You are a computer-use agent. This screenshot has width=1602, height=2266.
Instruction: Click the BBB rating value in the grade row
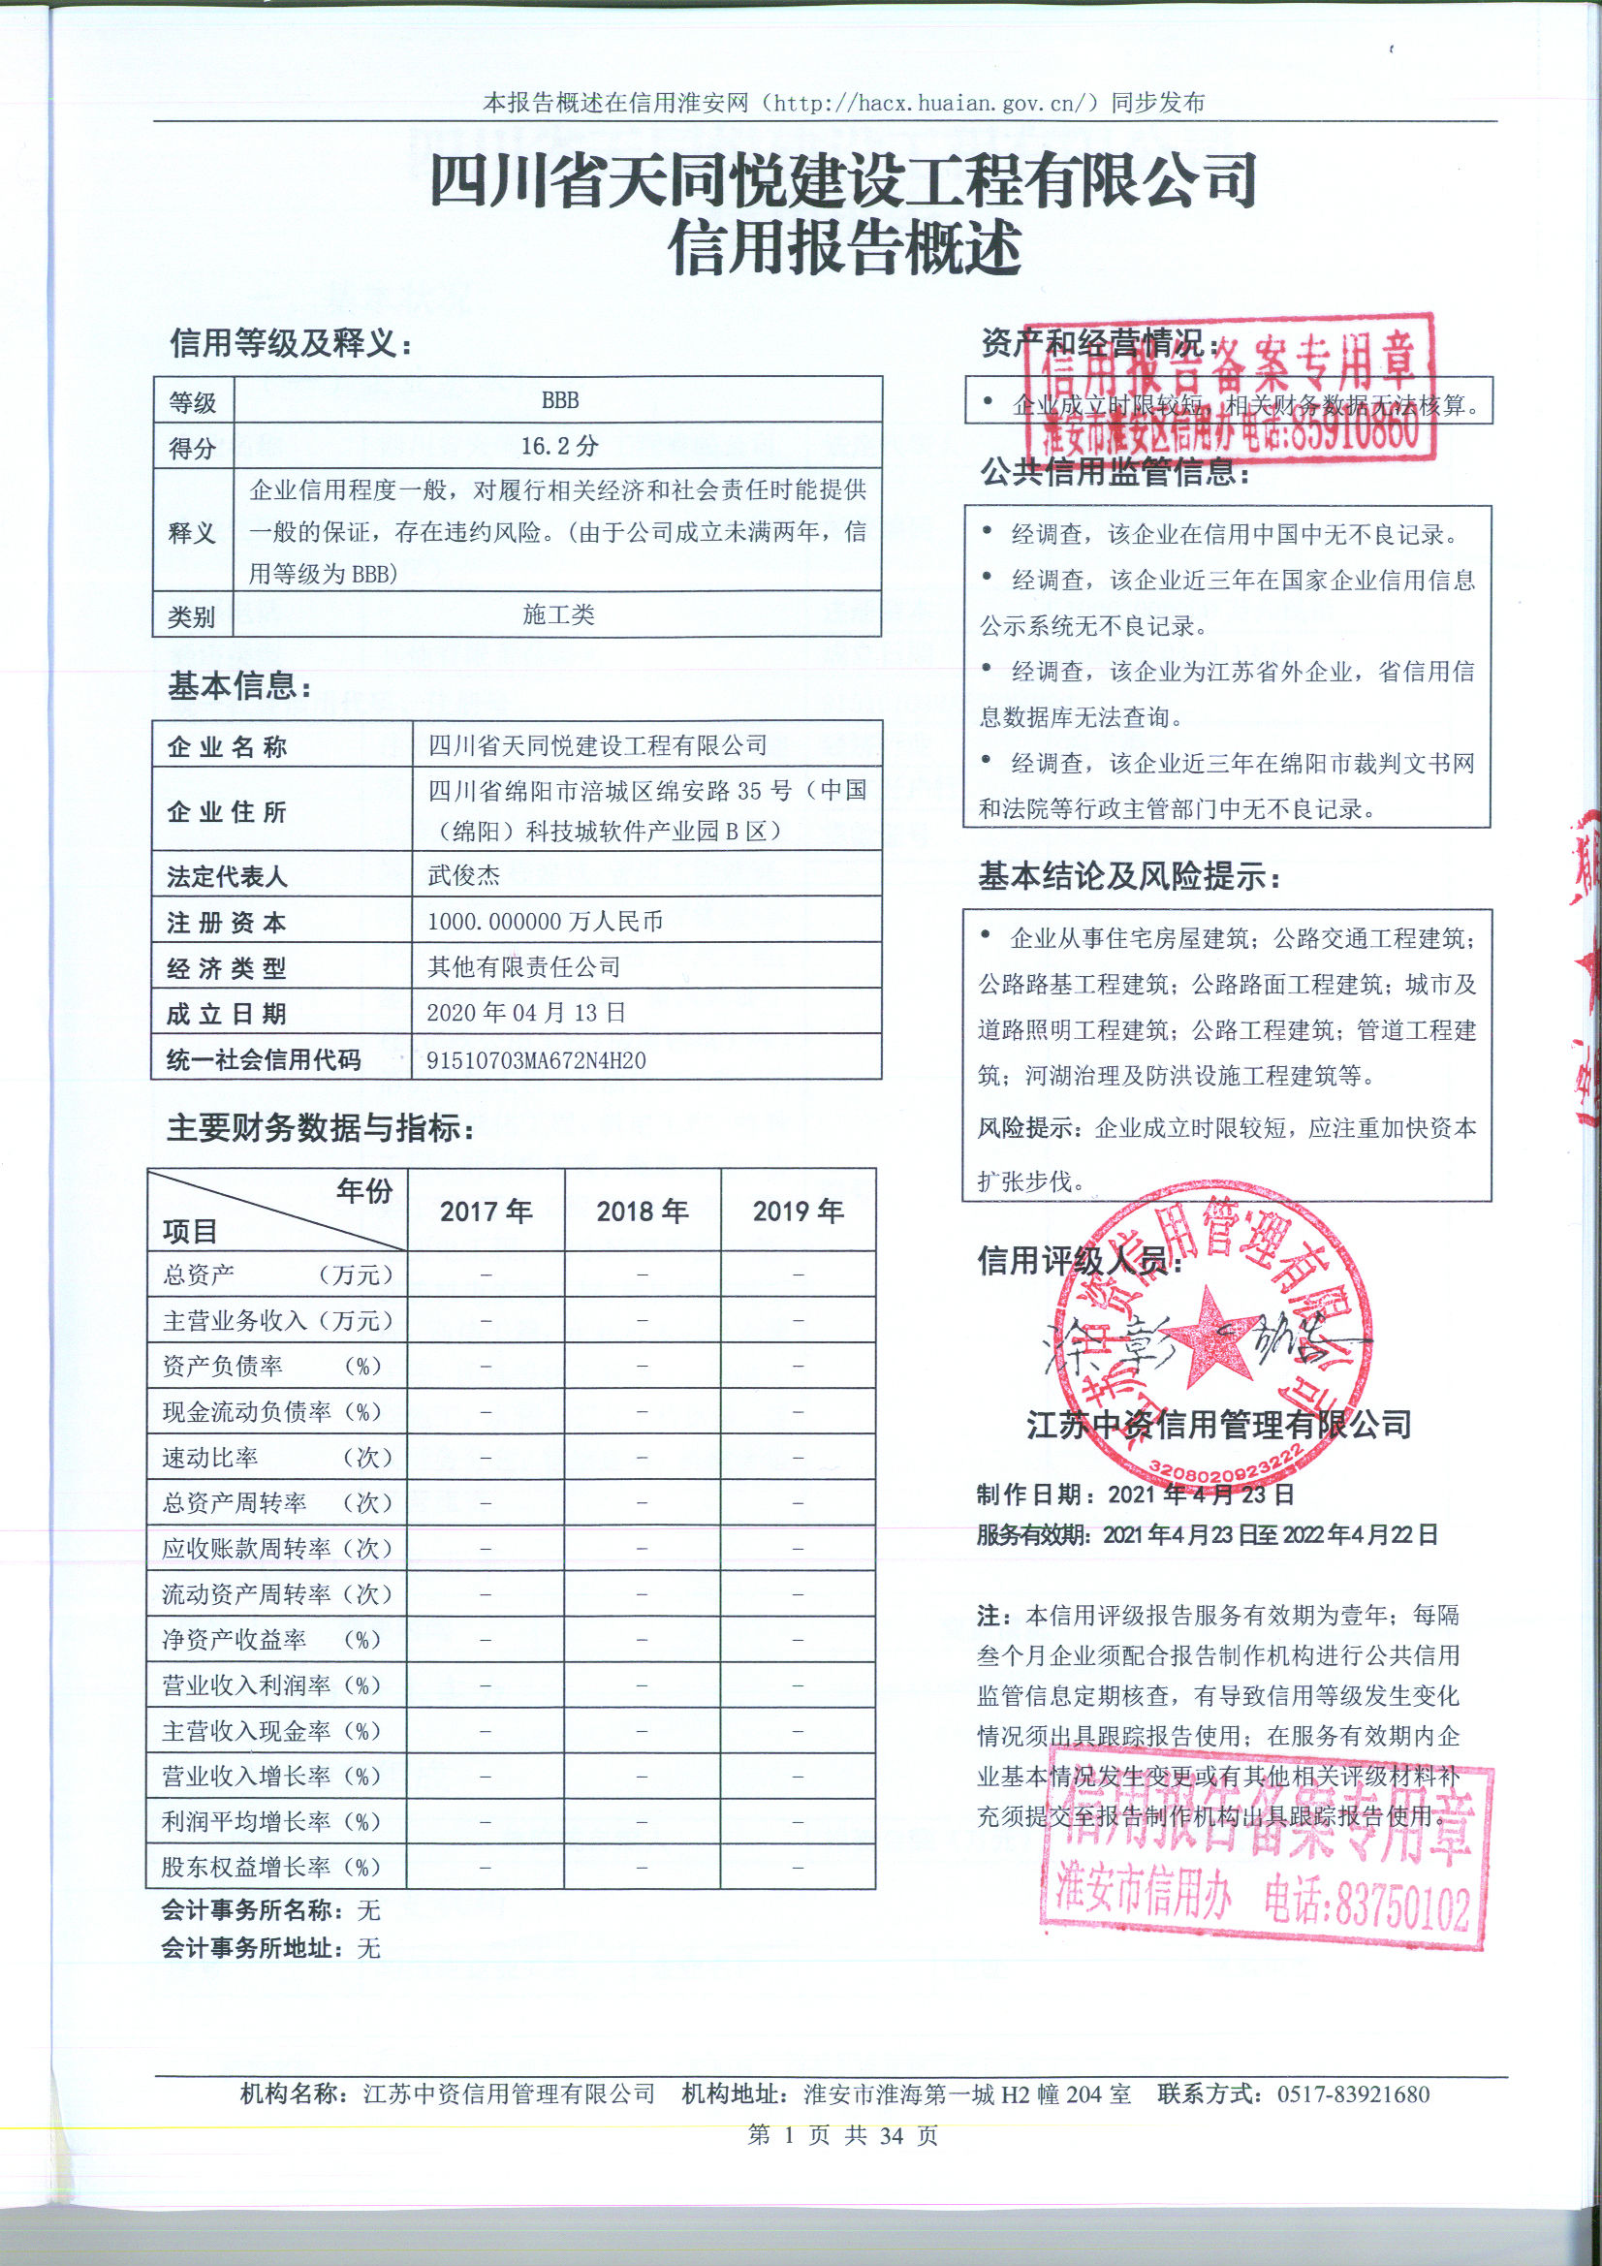559,400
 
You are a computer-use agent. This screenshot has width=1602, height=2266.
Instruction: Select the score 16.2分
559,446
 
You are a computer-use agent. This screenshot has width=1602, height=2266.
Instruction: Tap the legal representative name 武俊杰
464,875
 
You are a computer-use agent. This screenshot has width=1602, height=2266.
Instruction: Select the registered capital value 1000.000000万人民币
545,921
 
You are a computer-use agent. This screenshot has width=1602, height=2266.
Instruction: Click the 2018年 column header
643,1211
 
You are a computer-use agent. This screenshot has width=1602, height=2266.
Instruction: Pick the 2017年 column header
486,1211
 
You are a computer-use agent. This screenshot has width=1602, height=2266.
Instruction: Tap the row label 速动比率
210,1458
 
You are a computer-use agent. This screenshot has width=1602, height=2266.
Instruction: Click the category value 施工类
557,614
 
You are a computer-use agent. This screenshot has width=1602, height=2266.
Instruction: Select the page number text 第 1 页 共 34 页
843,2135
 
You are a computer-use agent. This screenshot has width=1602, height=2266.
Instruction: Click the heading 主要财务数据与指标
320,1127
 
